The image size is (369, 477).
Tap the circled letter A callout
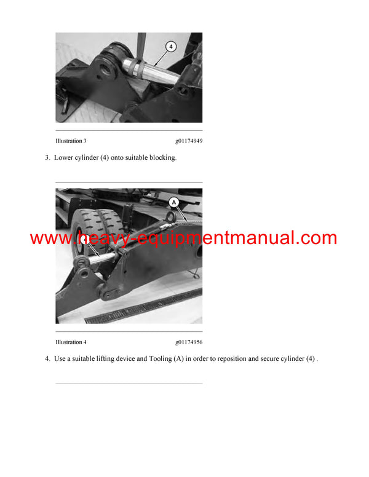point(174,201)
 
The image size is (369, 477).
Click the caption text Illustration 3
point(71,141)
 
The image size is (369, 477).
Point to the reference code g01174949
point(188,141)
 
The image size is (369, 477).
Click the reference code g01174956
point(188,342)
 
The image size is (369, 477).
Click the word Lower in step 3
point(65,158)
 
